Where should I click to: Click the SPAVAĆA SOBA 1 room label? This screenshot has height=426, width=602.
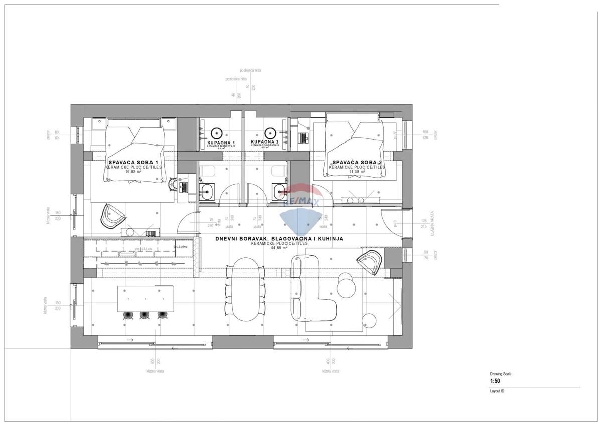pyautogui.click(x=133, y=162)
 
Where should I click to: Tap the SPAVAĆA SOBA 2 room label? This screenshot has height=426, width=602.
pyautogui.click(x=357, y=162)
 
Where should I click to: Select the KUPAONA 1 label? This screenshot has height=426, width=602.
pyautogui.click(x=221, y=143)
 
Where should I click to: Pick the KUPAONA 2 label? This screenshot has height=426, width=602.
pyautogui.click(x=265, y=143)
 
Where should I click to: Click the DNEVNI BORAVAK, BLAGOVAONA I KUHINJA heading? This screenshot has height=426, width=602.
pyautogui.click(x=279, y=239)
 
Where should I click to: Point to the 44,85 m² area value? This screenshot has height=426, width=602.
pyautogui.click(x=279, y=248)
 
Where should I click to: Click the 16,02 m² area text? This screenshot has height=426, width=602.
pyautogui.click(x=133, y=171)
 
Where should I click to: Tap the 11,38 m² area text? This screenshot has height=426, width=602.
pyautogui.click(x=357, y=171)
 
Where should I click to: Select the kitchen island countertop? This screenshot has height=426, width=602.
pyautogui.click(x=145, y=298)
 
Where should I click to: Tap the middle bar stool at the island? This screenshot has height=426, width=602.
pyautogui.click(x=144, y=315)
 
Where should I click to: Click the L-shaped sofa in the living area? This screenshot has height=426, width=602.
pyautogui.click(x=311, y=291)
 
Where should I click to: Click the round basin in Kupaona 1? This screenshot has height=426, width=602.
pyautogui.click(x=217, y=133)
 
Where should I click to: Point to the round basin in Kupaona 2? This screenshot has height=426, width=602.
pyautogui.click(x=270, y=133)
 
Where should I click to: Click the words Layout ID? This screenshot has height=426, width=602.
pyautogui.click(x=497, y=391)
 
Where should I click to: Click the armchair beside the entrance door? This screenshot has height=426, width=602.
pyautogui.click(x=370, y=262)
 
